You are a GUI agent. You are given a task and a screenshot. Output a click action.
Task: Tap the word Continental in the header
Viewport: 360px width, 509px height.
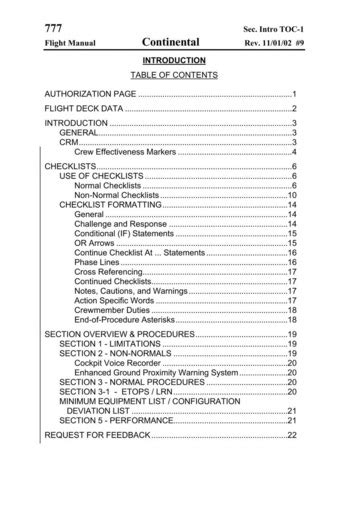(171, 43)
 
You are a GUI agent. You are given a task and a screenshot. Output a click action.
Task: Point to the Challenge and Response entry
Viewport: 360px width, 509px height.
(120, 224)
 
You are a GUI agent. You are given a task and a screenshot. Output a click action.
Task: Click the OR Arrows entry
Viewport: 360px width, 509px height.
(95, 243)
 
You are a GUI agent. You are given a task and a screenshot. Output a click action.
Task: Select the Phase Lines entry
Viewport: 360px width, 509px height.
(98, 262)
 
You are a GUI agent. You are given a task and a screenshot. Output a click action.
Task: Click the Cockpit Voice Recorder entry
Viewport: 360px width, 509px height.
(122, 363)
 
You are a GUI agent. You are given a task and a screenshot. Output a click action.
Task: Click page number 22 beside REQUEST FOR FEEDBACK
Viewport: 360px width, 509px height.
(292, 436)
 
